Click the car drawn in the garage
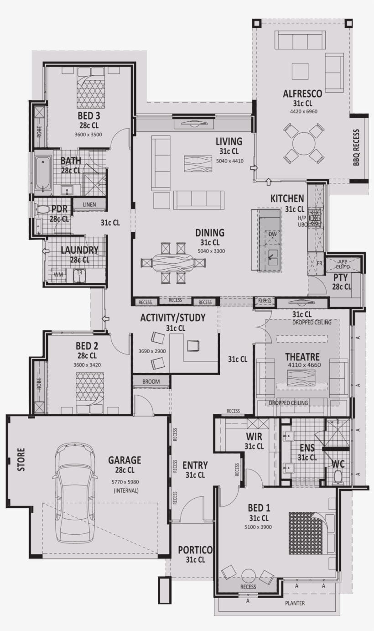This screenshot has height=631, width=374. click(x=75, y=493)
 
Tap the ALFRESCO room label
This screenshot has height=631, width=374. click(x=302, y=94)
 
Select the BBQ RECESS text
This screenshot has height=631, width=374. click(x=356, y=147)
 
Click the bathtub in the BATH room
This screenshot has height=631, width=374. click(x=43, y=173)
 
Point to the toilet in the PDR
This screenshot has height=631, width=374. click(x=43, y=209)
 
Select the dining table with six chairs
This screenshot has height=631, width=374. click(x=173, y=263)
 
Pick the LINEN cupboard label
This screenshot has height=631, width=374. click(x=89, y=205)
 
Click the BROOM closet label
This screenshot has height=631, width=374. click(x=151, y=381)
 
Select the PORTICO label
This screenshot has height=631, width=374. click(x=195, y=550)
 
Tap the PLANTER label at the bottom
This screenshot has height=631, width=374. click(x=295, y=603)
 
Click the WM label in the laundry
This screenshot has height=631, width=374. click(x=58, y=275)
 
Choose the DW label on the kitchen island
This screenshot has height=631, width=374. click(x=273, y=234)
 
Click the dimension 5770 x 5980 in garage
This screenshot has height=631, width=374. click(x=125, y=482)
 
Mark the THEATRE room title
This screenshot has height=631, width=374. click(x=302, y=357)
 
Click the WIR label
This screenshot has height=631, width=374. click(x=254, y=437)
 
